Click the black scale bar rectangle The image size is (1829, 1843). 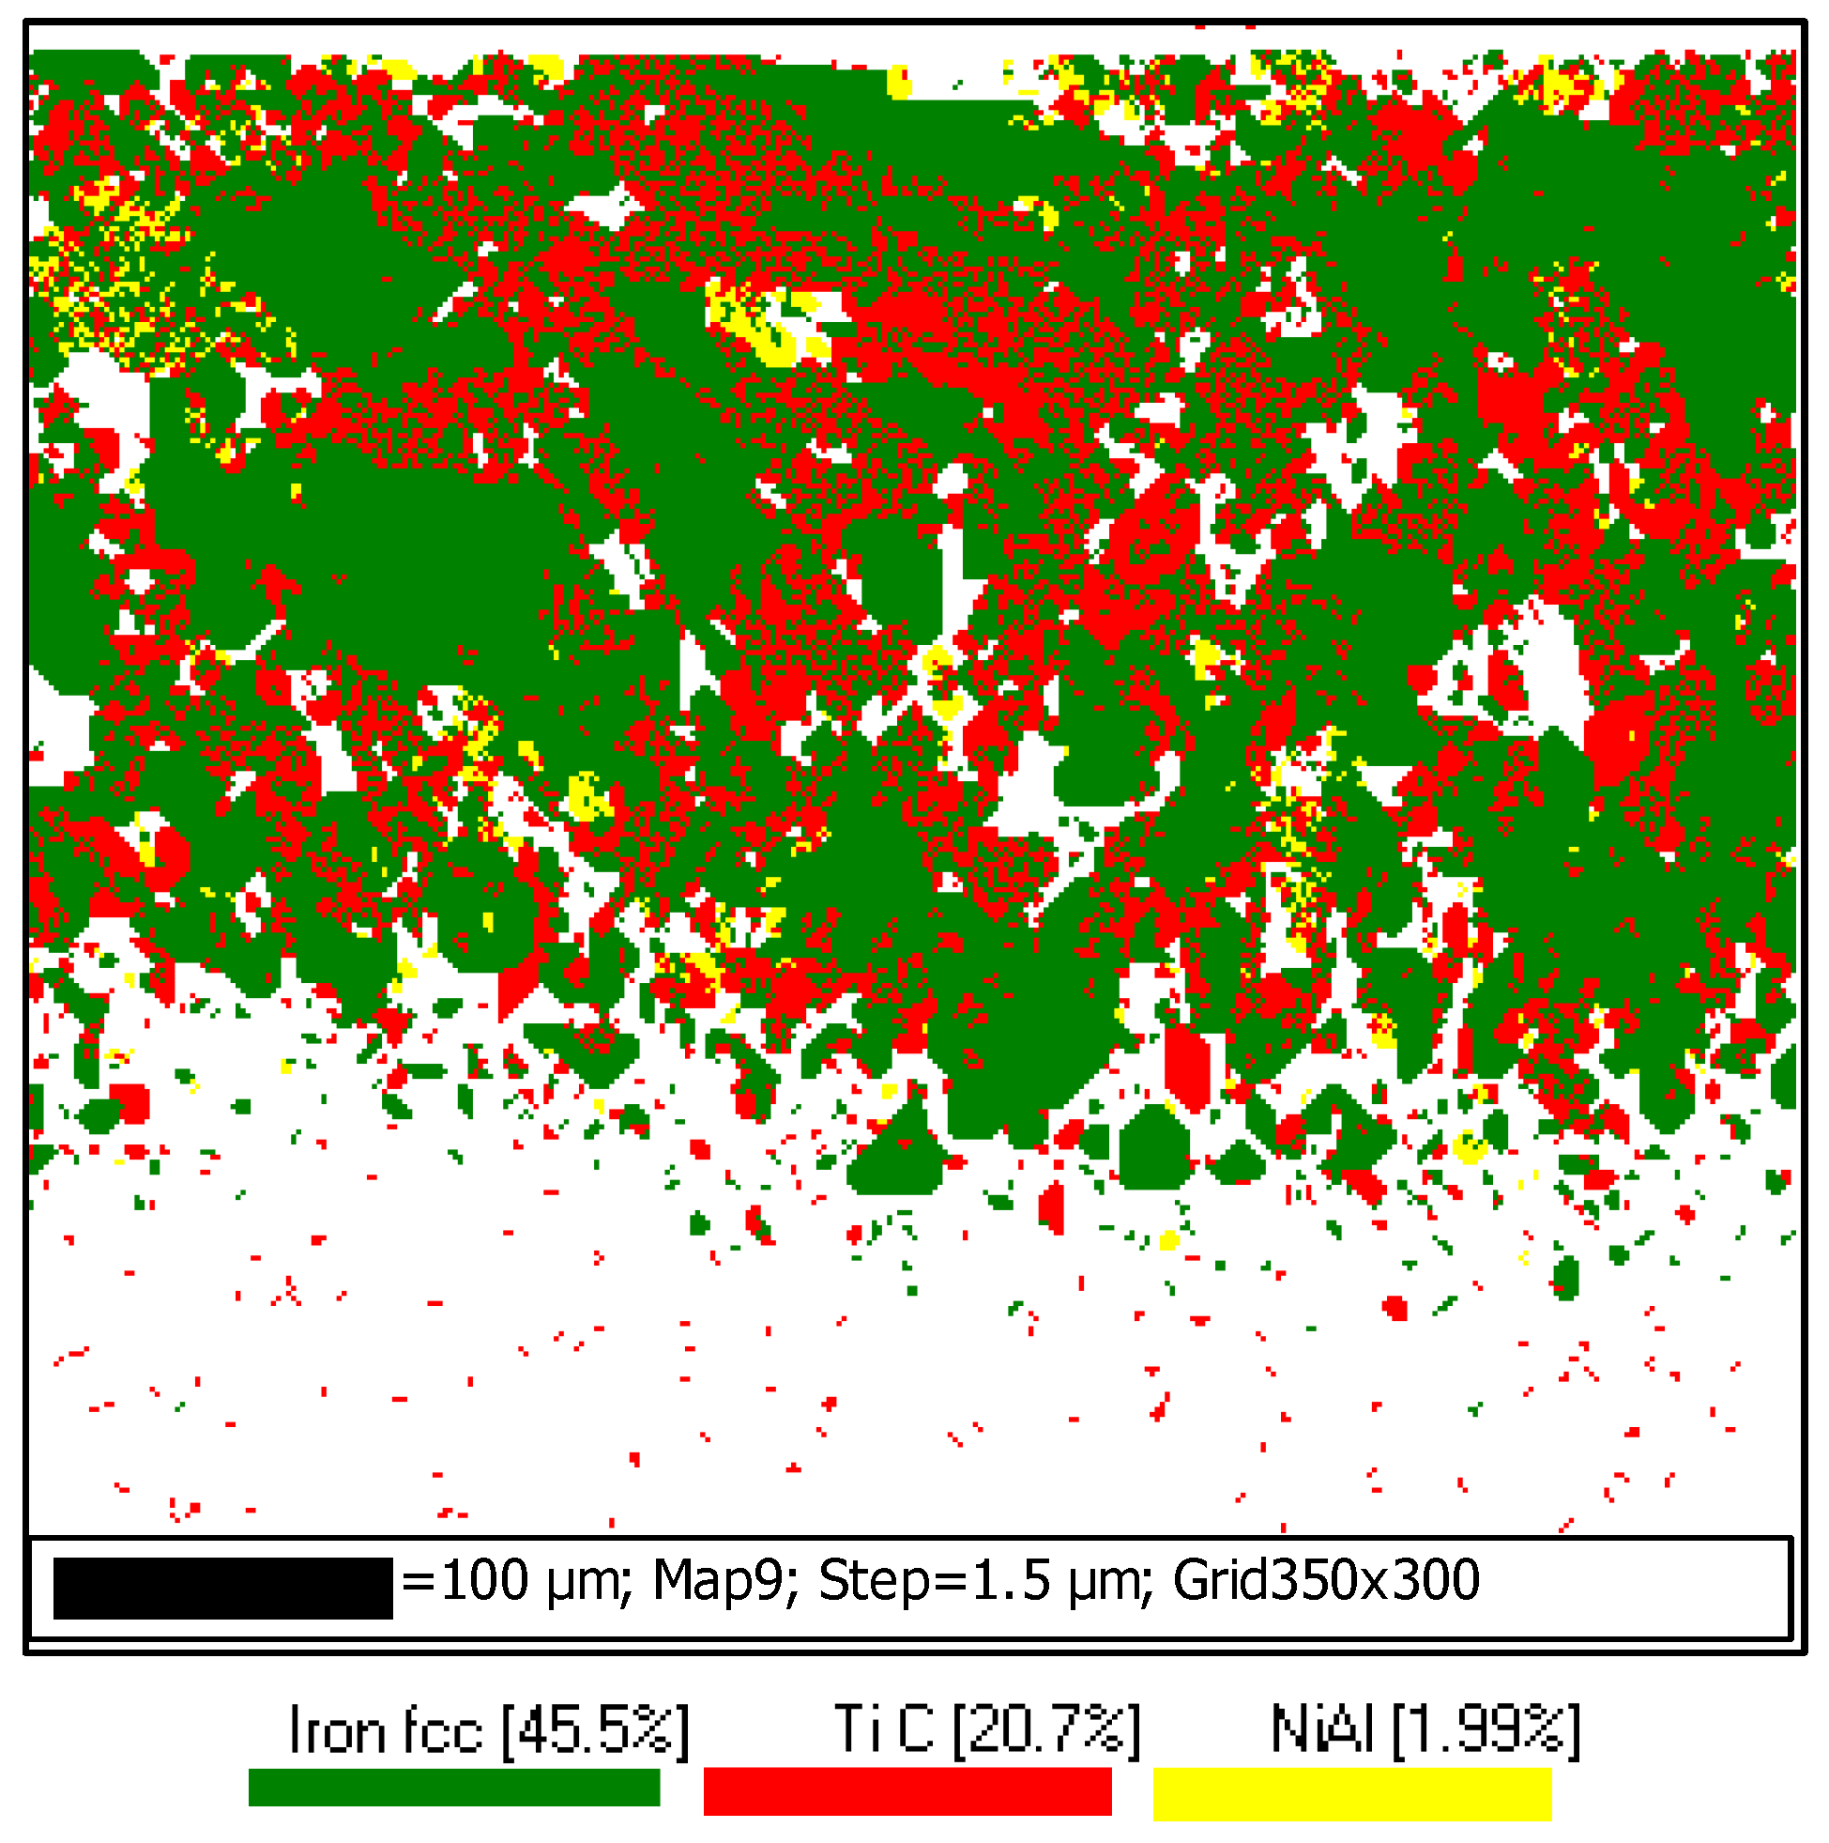(222, 1589)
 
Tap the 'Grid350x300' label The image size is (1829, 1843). (1325, 1581)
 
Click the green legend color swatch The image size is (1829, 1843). (454, 1787)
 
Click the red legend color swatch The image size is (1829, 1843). (907, 1790)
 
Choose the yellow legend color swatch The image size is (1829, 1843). (1352, 1793)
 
